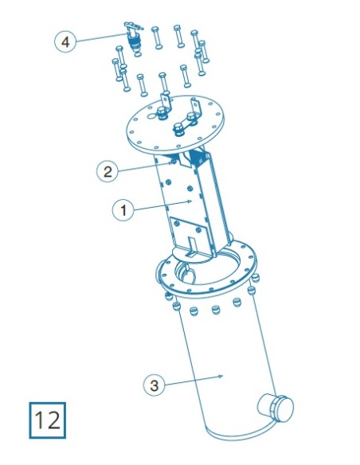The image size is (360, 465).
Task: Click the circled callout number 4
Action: (65, 41)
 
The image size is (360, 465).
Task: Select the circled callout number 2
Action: (108, 171)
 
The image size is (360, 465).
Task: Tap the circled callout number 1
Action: (123, 210)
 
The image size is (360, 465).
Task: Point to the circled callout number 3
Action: (154, 385)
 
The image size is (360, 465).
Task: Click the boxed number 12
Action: (47, 420)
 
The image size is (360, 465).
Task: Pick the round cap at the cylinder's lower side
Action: (276, 408)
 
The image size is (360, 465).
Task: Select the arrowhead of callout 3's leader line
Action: (221, 377)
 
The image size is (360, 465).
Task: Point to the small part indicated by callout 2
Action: (173, 162)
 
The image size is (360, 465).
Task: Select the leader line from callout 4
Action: (102, 37)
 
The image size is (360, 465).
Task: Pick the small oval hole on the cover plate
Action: (152, 116)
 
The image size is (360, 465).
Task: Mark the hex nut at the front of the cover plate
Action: (178, 130)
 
